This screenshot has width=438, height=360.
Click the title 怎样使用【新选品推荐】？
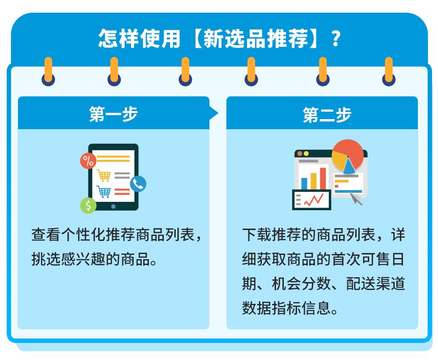pos(219,39)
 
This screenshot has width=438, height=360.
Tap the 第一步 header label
pos(113,114)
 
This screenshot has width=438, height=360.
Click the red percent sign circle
pos(88,161)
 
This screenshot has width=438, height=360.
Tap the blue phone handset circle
pos(138,184)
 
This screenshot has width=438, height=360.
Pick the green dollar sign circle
pos(88,205)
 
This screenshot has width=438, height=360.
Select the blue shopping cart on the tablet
pos(104,191)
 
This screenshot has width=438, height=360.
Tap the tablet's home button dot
pos(113,206)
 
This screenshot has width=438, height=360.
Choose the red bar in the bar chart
pos(323,177)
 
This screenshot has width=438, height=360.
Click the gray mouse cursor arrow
pos(356,199)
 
